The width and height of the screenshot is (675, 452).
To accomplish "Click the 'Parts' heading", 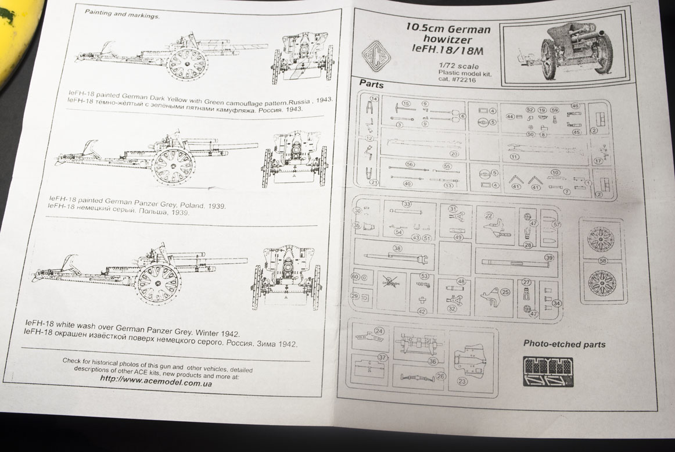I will (x=371, y=84).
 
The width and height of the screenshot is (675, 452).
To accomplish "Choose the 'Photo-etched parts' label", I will (x=564, y=344).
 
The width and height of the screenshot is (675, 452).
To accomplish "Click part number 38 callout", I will (x=397, y=248).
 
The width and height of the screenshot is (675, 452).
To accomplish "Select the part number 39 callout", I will (x=549, y=257).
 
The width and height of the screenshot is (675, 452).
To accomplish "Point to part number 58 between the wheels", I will (x=602, y=260).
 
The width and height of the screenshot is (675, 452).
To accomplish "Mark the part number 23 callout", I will (x=462, y=382).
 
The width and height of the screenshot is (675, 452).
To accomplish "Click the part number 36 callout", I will (x=433, y=361).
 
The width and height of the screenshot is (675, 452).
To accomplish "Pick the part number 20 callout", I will (x=454, y=154).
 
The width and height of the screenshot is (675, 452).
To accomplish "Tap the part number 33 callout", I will (x=407, y=204).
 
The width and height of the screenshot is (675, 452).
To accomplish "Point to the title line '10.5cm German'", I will (x=448, y=28).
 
